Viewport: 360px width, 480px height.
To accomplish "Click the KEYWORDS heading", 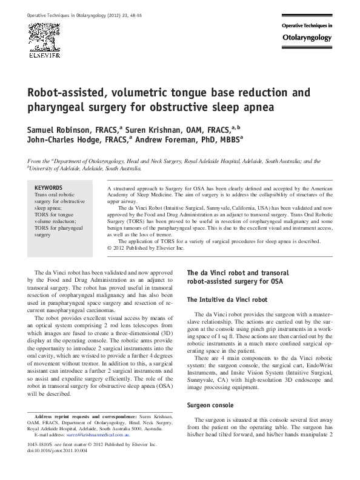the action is (x=48, y=188).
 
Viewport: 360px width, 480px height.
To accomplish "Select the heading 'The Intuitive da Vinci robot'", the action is (x=227, y=299).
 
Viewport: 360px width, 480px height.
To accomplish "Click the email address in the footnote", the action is (x=115, y=452).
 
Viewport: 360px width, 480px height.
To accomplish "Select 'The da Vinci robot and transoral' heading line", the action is (x=238, y=273).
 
